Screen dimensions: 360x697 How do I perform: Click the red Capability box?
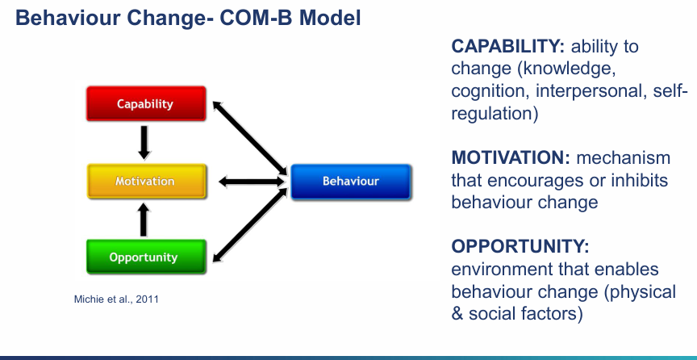click(x=144, y=104)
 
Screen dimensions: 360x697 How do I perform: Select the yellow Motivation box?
click(x=144, y=181)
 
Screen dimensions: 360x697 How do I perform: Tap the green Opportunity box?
click(x=144, y=257)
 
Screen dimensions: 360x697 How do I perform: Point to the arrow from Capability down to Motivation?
click(x=144, y=142)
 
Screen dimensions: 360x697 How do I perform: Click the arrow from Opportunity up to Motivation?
click(x=144, y=219)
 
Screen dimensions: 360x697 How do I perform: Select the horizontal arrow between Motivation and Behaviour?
click(x=250, y=181)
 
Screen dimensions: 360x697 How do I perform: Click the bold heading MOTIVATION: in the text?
click(x=510, y=158)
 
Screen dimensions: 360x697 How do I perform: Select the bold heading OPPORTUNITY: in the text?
click(x=515, y=246)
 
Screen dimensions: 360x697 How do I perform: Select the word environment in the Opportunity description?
click(x=499, y=269)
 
